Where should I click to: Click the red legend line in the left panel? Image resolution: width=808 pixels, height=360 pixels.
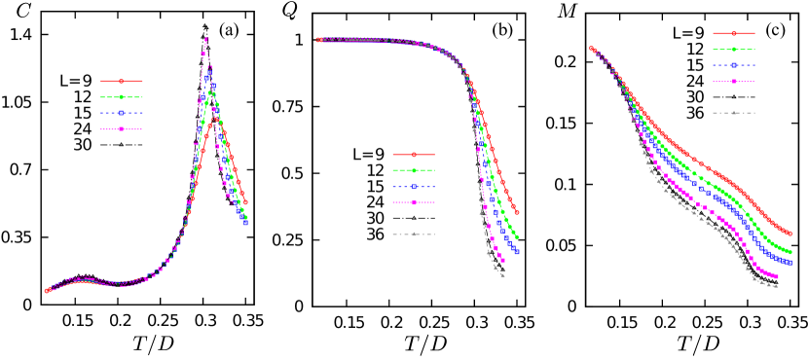122,82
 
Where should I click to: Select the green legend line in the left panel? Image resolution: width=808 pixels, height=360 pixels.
122,97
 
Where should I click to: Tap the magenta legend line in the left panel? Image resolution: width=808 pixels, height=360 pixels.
122,128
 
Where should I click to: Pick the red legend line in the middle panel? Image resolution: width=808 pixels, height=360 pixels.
414,154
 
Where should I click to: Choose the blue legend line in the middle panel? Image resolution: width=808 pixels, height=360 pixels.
414,187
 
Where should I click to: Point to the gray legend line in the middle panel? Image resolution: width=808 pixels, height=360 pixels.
414,234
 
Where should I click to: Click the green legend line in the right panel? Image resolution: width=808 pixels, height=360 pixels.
734,49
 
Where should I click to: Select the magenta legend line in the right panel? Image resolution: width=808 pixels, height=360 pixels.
734,82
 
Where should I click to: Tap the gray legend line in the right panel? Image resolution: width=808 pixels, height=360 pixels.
734,113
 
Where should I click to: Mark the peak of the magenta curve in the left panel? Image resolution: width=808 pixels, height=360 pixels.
207,39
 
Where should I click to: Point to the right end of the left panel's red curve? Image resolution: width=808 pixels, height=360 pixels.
245,202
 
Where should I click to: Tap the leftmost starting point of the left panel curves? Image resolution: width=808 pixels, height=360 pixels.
46,290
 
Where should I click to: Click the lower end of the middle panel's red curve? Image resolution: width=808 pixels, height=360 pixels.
516,212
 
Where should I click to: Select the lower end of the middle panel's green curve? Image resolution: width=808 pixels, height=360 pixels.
516,236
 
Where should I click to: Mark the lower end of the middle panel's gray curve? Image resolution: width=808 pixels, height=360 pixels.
503,276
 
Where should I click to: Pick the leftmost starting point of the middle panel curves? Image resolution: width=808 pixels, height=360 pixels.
317,40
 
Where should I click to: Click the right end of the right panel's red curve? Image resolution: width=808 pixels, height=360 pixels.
790,234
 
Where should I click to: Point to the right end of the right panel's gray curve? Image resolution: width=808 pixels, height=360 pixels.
777,286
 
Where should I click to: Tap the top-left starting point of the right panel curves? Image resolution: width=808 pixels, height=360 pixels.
591,48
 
